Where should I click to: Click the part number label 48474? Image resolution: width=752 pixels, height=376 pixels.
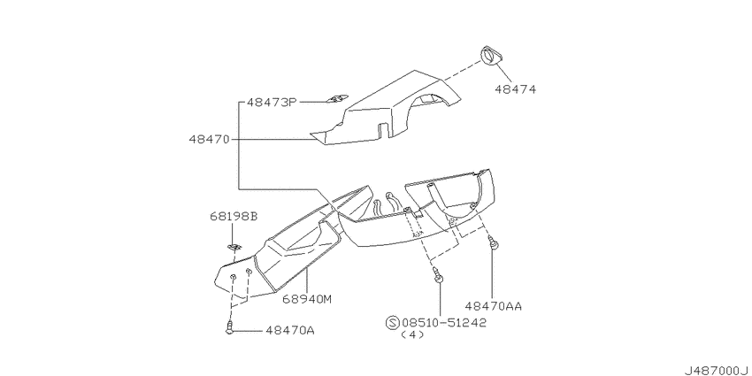pyautogui.click(x=515, y=89)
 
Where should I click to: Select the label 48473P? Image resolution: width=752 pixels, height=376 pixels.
pyautogui.click(x=272, y=102)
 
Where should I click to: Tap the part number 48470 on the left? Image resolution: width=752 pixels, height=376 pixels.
pyautogui.click(x=210, y=140)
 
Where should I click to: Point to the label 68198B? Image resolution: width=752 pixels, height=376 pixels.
pyautogui.click(x=233, y=216)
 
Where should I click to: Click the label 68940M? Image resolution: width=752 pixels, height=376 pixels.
pyautogui.click(x=307, y=299)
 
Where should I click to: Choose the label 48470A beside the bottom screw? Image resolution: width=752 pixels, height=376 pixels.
pyautogui.click(x=289, y=331)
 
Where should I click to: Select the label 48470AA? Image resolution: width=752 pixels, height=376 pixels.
pyautogui.click(x=493, y=306)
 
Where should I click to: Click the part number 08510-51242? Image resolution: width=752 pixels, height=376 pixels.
pyautogui.click(x=443, y=323)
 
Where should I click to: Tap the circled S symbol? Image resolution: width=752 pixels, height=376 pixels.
pyautogui.click(x=392, y=323)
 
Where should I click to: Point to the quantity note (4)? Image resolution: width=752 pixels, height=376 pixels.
pyautogui.click(x=412, y=335)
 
